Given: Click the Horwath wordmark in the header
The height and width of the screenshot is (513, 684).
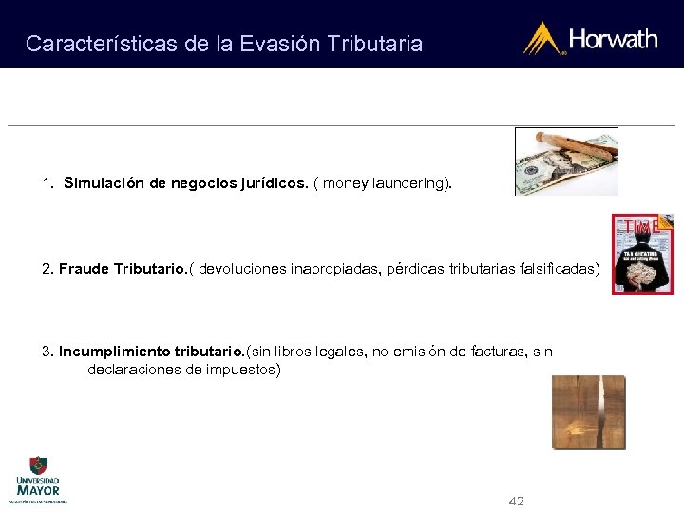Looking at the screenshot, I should coord(613,39).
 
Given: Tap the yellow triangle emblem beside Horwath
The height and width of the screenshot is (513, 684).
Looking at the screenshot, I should coord(543,39).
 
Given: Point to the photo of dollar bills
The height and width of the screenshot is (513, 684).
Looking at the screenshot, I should coord(565,161).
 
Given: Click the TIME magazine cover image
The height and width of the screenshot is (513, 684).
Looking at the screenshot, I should coord(642,254).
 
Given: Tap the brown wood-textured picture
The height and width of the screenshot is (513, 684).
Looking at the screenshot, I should coord(588,411).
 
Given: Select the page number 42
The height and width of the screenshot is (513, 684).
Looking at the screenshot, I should coord(517,501).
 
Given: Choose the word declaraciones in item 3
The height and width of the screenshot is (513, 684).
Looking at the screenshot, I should coord(134,369).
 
